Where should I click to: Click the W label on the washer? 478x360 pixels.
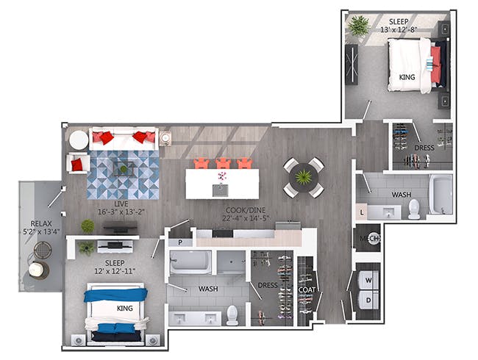click(368, 280)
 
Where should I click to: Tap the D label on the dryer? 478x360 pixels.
click(368, 300)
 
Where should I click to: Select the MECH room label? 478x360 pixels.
click(370, 238)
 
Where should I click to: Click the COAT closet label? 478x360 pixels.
click(307, 290)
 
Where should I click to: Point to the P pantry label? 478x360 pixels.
click(180, 242)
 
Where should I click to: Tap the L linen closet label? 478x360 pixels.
click(362, 212)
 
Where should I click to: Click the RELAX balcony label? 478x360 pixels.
click(41, 223)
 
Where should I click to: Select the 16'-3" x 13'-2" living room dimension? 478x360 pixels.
click(121, 212)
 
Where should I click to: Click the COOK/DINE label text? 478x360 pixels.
click(246, 210)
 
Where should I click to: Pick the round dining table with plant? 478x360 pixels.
click(304, 177)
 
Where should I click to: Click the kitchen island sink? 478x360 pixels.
click(220, 190)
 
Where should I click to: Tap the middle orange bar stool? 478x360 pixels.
click(223, 164)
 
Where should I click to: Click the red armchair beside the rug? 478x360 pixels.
click(78, 163)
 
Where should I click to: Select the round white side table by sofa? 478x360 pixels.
click(79, 140)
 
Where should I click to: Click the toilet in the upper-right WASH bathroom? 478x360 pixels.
click(414, 209)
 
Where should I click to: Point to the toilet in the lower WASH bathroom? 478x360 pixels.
click(232, 315)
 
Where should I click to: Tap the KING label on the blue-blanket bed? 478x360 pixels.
click(125, 309)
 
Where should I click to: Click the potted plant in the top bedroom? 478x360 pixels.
click(359, 26)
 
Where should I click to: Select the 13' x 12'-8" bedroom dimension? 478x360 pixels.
click(399, 29)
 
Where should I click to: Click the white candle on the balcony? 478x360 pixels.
click(36, 269)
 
